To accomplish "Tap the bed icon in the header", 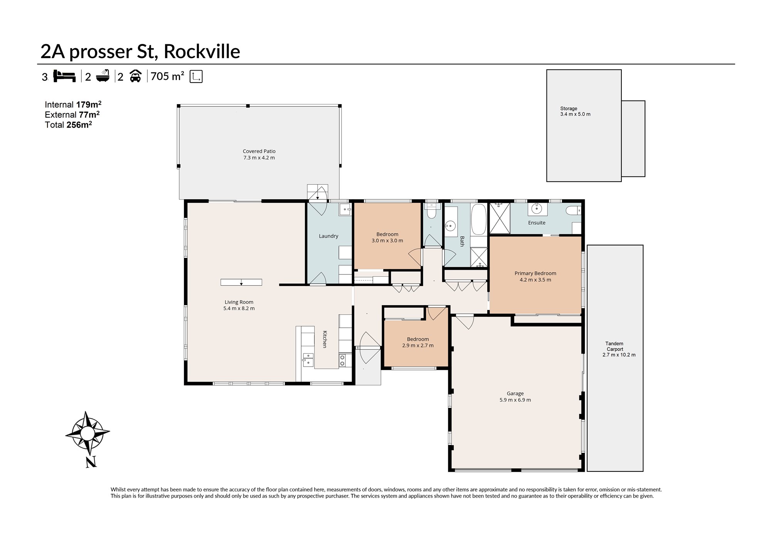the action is pyautogui.click(x=64, y=76).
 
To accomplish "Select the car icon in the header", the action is pyautogui.click(x=135, y=76).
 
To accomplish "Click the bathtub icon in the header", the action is pyautogui.click(x=103, y=76).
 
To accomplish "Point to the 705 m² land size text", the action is pyautogui.click(x=167, y=76).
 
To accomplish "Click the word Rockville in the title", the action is pyautogui.click(x=202, y=52).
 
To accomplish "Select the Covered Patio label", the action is pyautogui.click(x=259, y=155).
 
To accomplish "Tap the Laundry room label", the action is pyautogui.click(x=328, y=236).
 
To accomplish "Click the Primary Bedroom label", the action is pyautogui.click(x=535, y=277).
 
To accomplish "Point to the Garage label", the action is pyautogui.click(x=515, y=397).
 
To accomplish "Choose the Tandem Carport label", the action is pyautogui.click(x=618, y=349).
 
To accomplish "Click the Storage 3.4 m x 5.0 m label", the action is pyautogui.click(x=575, y=111).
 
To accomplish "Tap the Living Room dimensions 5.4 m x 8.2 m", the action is pyautogui.click(x=239, y=308).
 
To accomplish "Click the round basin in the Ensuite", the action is pyautogui.click(x=537, y=209).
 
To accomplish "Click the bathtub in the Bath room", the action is pyautogui.click(x=479, y=219).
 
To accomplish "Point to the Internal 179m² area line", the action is pyautogui.click(x=73, y=104).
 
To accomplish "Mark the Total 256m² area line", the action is pyautogui.click(x=68, y=124).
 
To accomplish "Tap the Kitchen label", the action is pyautogui.click(x=325, y=339).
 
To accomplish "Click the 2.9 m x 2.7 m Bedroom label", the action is pyautogui.click(x=418, y=342).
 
